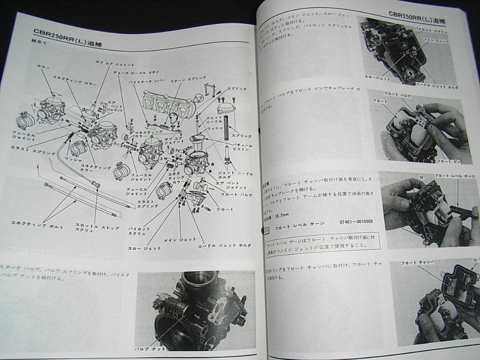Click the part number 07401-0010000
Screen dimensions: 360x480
356,222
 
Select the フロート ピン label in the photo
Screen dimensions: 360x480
447,161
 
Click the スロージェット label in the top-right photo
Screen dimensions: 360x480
377,78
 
